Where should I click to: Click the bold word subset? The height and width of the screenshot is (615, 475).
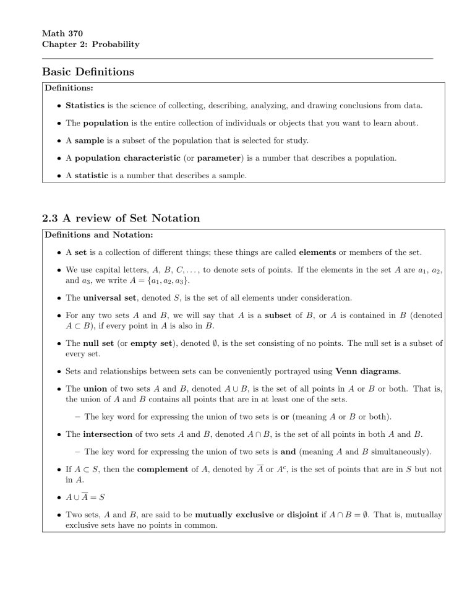283,316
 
